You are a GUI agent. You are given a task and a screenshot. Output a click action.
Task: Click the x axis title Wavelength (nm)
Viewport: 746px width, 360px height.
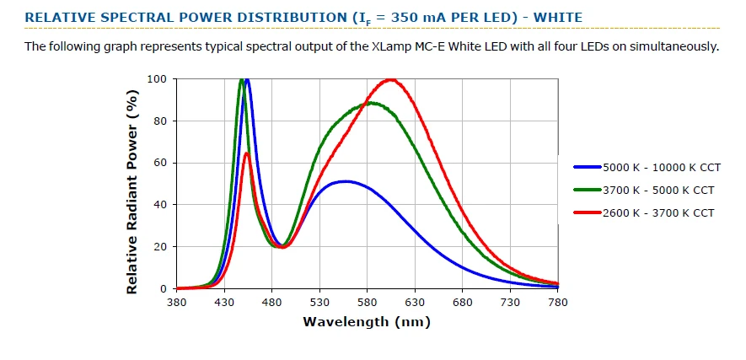coord(367,321)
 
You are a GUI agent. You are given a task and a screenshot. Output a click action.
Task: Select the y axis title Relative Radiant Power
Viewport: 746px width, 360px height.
coord(131,184)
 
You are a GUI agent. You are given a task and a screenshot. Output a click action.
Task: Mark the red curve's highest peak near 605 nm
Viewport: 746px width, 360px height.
coord(390,80)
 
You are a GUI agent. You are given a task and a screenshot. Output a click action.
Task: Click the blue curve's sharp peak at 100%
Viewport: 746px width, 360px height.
coord(247,80)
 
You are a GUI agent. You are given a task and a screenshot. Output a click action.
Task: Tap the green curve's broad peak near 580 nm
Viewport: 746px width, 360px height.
coord(369,103)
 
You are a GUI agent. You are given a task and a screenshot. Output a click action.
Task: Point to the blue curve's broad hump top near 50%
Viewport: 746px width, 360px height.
coord(346,181)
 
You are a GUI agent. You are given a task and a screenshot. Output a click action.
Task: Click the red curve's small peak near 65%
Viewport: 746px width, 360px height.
coord(246,153)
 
